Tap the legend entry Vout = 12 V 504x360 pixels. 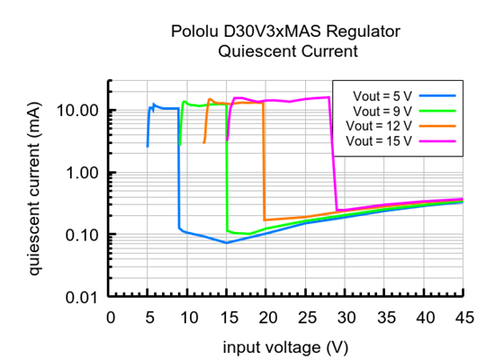[378, 125]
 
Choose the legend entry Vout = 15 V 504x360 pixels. [378, 140]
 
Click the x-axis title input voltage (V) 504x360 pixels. [287, 346]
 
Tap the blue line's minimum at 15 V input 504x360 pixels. [227, 243]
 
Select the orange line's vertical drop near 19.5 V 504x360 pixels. [264, 162]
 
